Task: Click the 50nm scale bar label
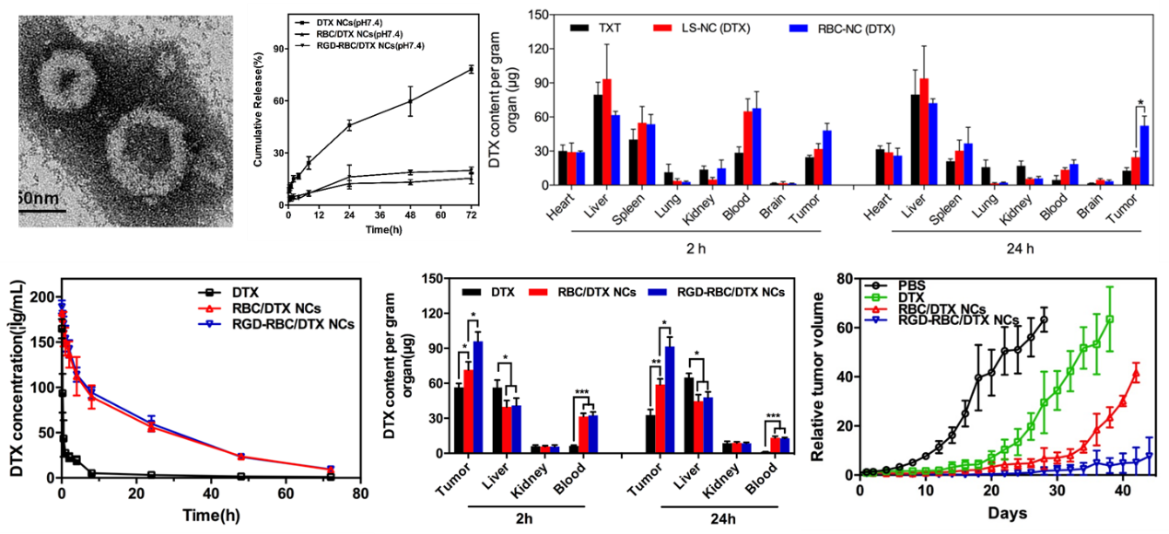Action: click(39, 198)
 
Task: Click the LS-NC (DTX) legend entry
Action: click(713, 29)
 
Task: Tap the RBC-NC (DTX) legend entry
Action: click(847, 29)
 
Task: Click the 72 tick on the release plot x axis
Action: click(471, 217)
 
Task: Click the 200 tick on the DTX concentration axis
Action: click(41, 297)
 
